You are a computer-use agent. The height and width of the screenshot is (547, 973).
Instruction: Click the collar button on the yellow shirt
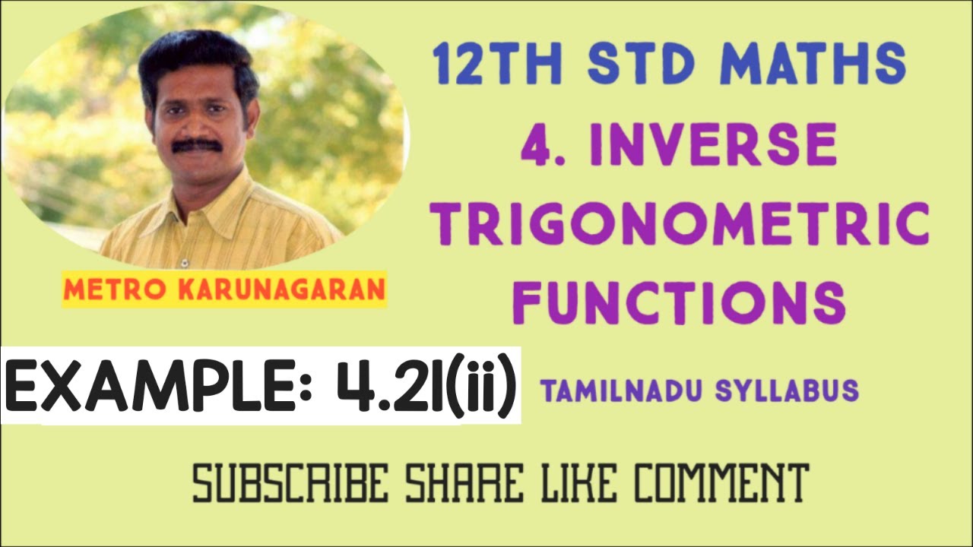point(183,263)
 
